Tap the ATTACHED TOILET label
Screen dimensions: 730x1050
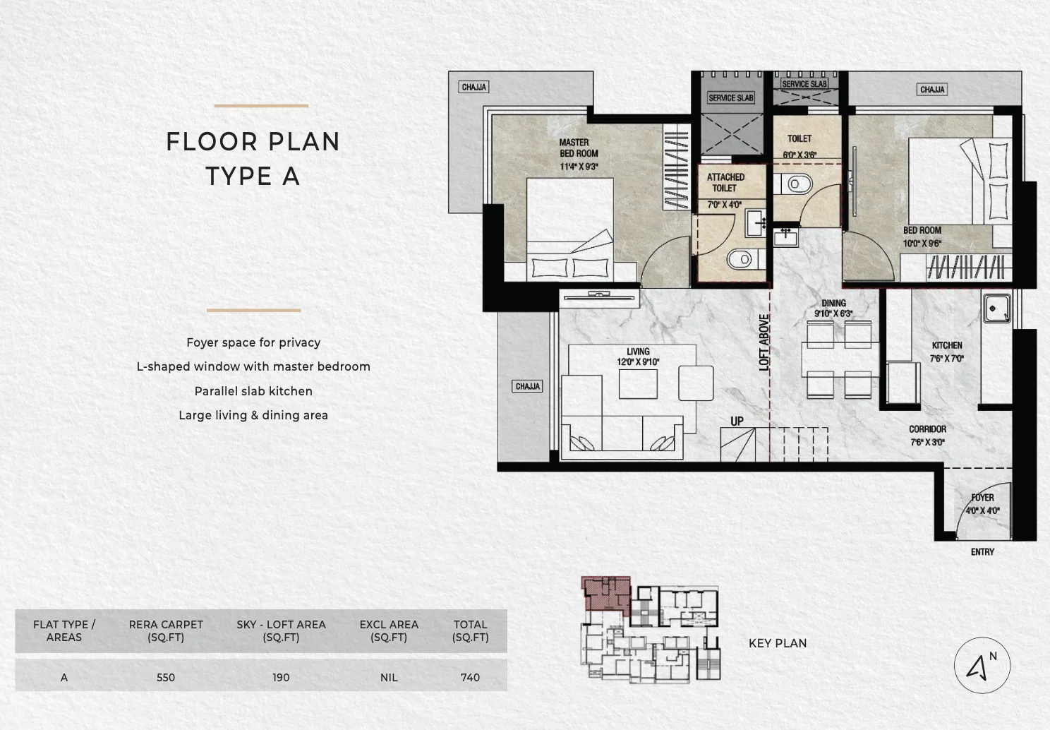(725, 183)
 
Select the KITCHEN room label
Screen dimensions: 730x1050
(946, 345)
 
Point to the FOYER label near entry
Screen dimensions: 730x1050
(982, 498)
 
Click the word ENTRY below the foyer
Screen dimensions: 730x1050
(982, 552)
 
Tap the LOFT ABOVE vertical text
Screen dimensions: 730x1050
(764, 342)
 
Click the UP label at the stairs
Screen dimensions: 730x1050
(737, 421)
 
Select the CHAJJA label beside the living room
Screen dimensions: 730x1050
(527, 386)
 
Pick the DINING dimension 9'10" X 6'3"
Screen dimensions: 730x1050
(833, 313)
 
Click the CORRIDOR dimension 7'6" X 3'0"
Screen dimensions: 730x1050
(927, 443)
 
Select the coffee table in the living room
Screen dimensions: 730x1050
(638, 384)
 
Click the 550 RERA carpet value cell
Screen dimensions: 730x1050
(166, 677)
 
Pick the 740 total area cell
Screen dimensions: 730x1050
(470, 677)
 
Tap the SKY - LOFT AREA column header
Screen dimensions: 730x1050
(281, 630)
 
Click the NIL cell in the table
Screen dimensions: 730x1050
(389, 677)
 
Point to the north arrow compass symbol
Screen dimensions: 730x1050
(982, 665)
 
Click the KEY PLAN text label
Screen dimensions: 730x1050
(777, 643)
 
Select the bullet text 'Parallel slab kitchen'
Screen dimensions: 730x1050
(253, 391)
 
